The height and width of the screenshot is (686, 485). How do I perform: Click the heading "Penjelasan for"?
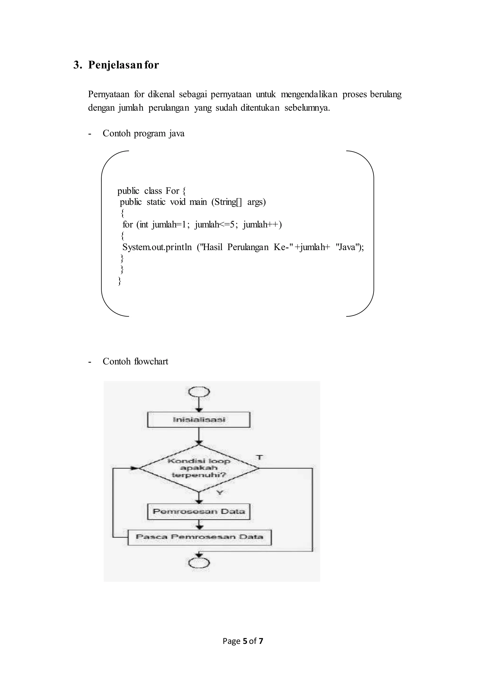point(123,65)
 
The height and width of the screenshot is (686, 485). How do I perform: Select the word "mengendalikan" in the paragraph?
point(309,95)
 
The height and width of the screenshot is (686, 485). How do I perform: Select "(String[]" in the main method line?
point(227,202)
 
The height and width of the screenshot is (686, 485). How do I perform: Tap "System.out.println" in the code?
point(157,247)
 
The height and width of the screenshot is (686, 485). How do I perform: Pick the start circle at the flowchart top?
point(199,392)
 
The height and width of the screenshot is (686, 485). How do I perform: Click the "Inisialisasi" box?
point(199,420)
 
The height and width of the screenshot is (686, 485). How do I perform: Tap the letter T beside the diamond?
point(260,457)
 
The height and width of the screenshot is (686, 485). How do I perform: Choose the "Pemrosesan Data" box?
point(199,511)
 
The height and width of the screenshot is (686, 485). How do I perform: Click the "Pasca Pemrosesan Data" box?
point(199,537)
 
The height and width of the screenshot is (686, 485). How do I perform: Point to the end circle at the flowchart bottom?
point(199,563)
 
